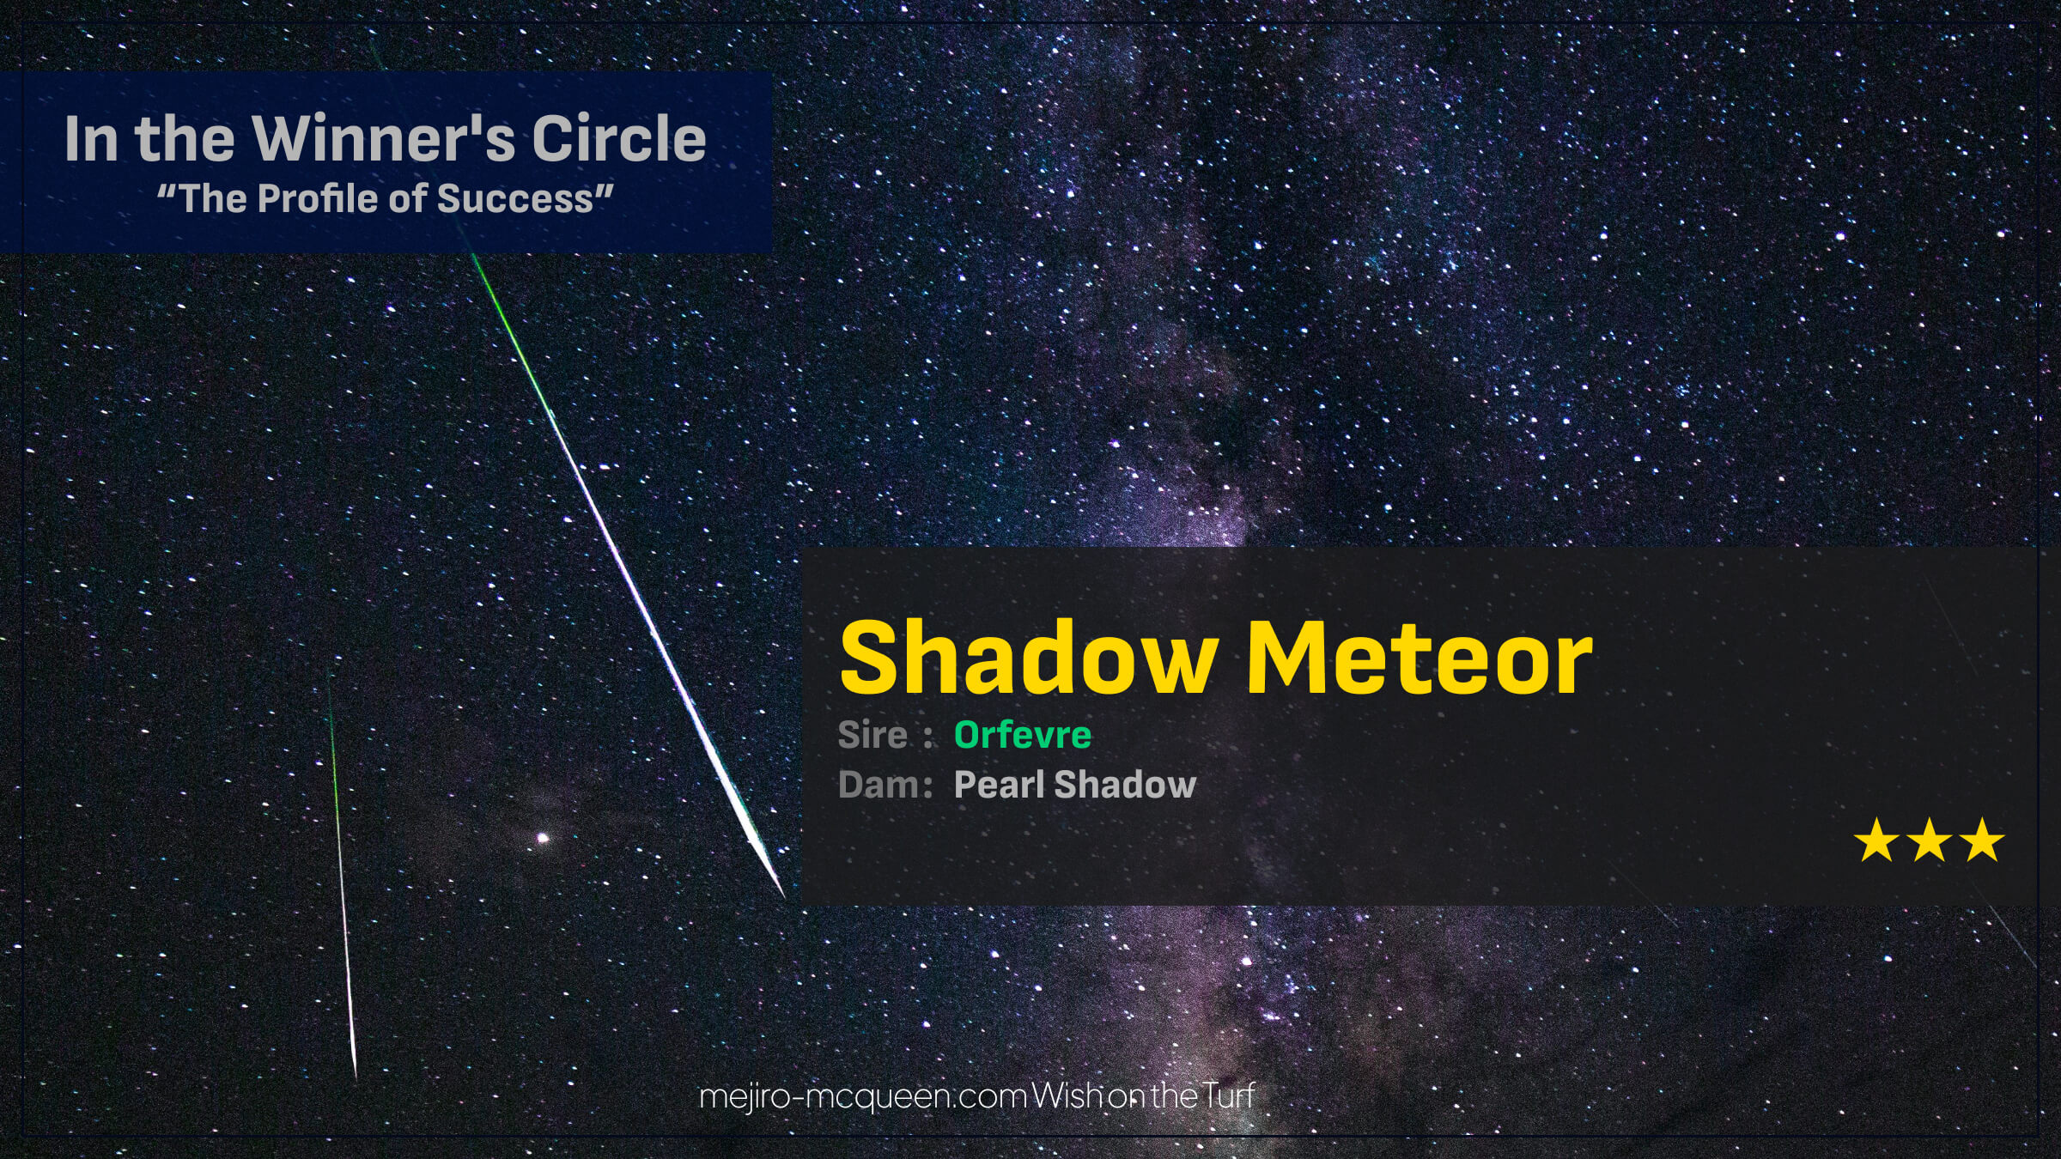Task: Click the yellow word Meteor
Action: coord(1420,658)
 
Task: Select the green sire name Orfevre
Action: coord(1023,735)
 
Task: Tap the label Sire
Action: coord(872,735)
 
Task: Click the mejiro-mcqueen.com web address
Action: coord(863,1096)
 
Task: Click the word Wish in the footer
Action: coord(1067,1095)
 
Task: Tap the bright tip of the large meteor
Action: coord(784,896)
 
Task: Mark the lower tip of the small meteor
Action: coord(356,1077)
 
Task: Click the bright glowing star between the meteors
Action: coord(542,838)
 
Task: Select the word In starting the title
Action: coord(90,138)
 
